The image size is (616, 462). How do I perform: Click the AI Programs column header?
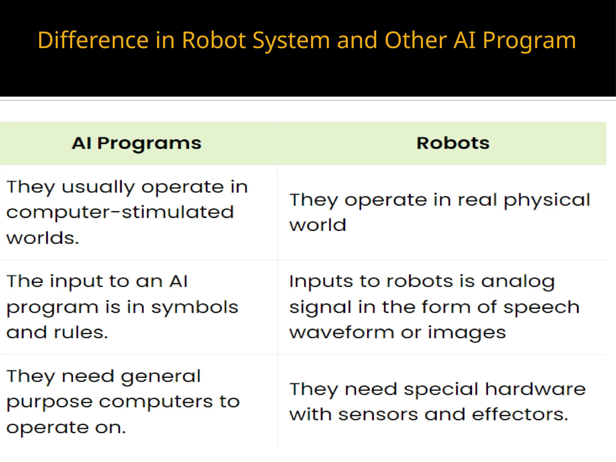tap(137, 143)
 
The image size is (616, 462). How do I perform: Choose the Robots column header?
tap(453, 143)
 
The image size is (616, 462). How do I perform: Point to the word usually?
tap(98, 188)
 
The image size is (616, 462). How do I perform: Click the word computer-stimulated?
tap(120, 212)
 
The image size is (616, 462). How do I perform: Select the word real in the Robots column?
tap(477, 200)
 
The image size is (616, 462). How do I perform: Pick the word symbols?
tap(195, 307)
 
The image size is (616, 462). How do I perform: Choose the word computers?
tap(156, 402)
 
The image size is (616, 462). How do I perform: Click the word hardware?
tap(535, 389)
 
